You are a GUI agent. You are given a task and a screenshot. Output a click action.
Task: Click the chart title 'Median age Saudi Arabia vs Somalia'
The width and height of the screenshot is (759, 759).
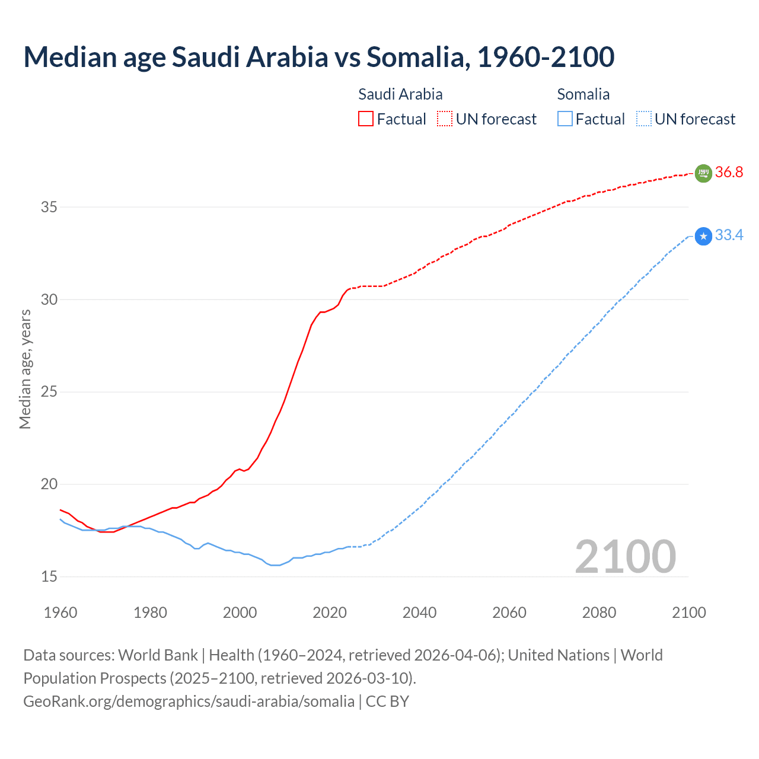(x=318, y=57)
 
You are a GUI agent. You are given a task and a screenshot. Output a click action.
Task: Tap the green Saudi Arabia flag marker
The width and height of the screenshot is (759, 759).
(x=703, y=173)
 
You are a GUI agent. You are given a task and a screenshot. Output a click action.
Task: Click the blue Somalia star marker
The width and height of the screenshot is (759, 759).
(x=703, y=237)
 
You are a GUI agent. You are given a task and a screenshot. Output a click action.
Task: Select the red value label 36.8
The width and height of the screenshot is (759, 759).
(x=729, y=173)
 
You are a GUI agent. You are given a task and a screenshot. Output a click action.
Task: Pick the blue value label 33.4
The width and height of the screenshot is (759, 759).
(x=729, y=235)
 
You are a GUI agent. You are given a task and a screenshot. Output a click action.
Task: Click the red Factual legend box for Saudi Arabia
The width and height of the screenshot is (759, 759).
(x=366, y=119)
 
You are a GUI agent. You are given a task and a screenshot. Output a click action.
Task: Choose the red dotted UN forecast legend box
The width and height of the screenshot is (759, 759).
(x=445, y=119)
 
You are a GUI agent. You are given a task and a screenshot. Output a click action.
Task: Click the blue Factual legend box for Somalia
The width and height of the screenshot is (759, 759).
(x=565, y=119)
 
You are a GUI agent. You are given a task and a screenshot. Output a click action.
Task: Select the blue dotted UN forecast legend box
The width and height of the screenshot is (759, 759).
(x=643, y=119)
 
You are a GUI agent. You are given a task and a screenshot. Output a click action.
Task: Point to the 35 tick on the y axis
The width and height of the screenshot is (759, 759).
(x=49, y=208)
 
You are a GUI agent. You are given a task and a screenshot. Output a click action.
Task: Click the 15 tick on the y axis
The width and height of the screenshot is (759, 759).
(x=49, y=576)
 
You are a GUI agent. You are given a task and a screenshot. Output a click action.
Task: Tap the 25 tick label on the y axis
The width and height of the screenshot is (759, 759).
(x=49, y=392)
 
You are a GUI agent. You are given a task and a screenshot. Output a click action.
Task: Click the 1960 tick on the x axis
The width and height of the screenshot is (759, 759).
(x=60, y=613)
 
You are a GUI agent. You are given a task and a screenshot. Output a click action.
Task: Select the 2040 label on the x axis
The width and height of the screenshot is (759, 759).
(x=419, y=613)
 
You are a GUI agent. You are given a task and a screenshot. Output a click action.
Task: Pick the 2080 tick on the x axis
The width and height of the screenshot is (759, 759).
(x=599, y=613)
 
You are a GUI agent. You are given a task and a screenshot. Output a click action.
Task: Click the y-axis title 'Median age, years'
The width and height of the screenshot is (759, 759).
(x=25, y=369)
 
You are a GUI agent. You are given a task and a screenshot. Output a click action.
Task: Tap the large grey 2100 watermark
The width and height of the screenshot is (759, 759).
(x=626, y=556)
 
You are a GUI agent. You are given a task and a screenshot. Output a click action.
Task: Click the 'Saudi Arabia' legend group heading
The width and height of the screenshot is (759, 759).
(x=400, y=94)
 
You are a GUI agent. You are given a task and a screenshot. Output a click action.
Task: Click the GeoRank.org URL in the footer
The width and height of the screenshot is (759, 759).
(x=189, y=701)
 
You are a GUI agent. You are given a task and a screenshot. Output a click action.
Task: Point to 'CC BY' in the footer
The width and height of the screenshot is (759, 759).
(x=387, y=701)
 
